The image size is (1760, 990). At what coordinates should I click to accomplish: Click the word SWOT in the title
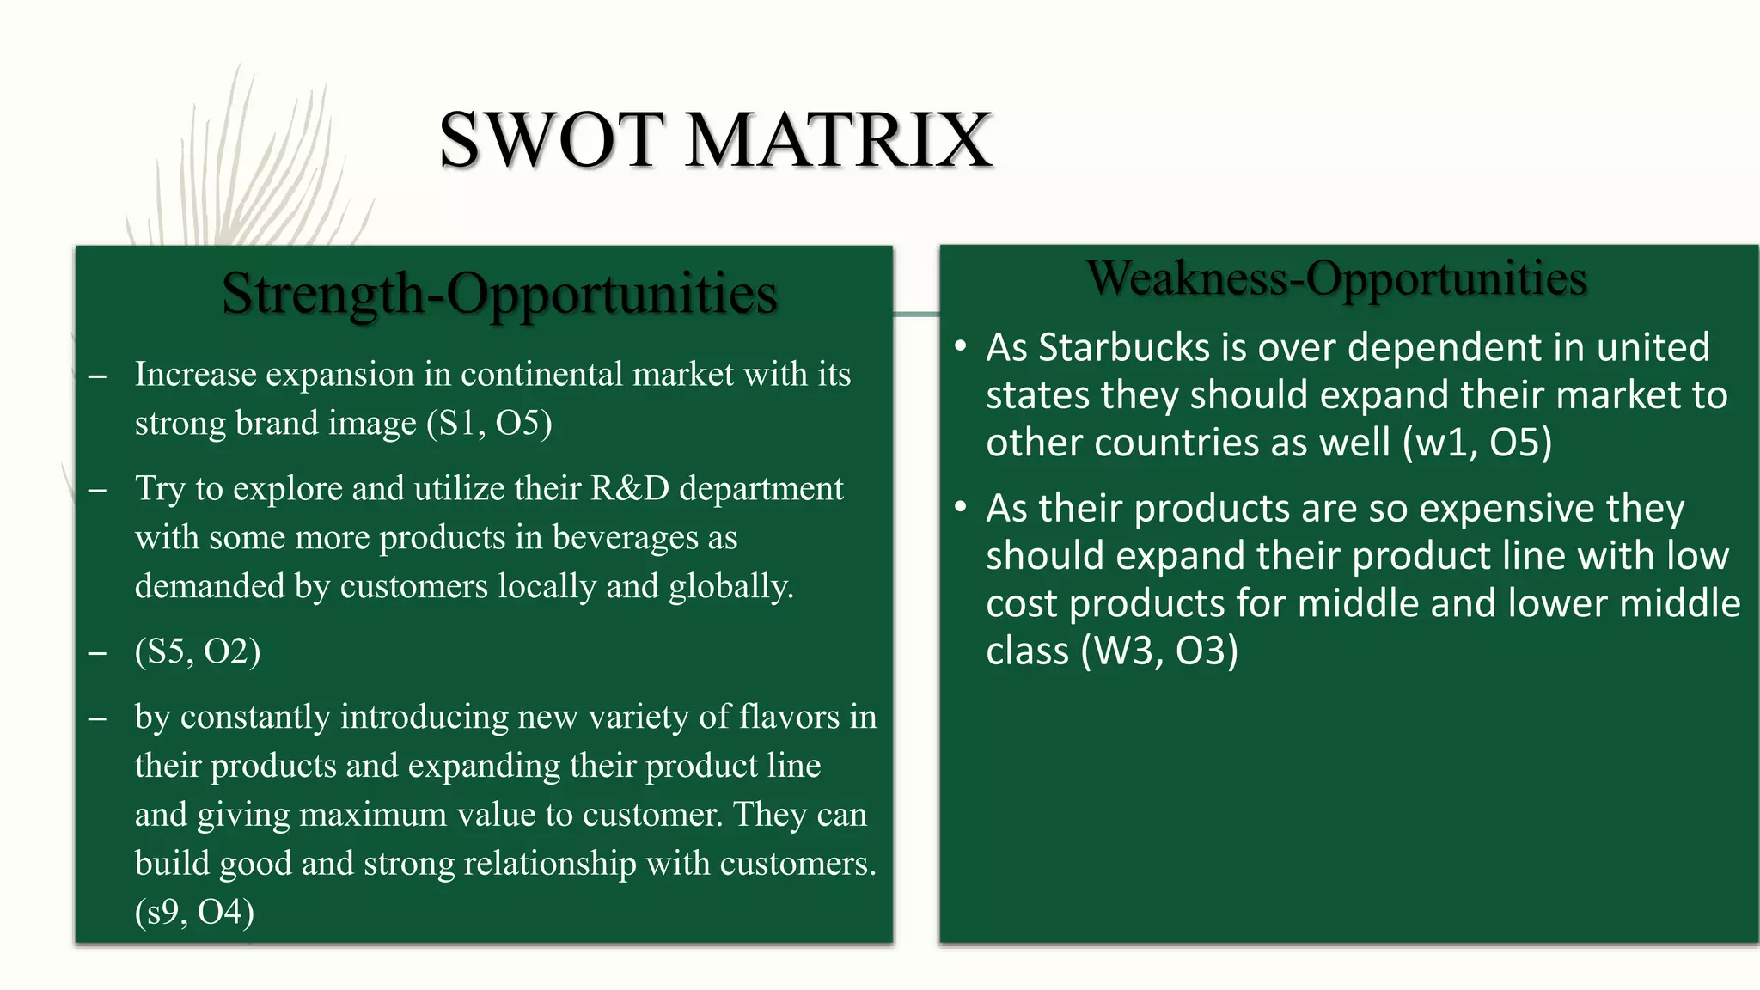click(552, 140)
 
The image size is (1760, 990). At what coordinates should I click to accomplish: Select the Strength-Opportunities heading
click(499, 294)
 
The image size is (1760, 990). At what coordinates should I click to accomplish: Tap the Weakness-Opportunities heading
click(1336, 278)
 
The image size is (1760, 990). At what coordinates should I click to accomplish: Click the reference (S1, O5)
click(489, 423)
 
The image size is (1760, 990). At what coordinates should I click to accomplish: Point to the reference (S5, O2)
click(198, 651)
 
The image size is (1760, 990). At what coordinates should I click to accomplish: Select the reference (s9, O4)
click(194, 912)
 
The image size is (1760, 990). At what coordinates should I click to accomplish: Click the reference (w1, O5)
click(1477, 443)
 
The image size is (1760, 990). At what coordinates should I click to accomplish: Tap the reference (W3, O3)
click(1159, 651)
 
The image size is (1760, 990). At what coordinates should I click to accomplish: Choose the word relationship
click(550, 864)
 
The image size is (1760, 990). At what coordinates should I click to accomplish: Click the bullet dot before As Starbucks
click(960, 347)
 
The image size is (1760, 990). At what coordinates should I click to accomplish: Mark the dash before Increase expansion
click(97, 376)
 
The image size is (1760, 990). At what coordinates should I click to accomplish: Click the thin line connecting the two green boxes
click(916, 314)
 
